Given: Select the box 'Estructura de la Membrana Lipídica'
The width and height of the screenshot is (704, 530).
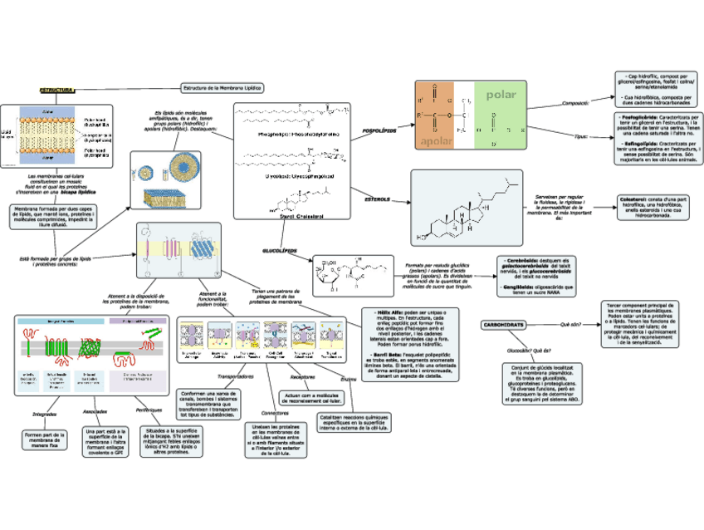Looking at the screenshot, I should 222,86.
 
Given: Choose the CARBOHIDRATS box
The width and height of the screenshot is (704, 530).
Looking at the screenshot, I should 503,325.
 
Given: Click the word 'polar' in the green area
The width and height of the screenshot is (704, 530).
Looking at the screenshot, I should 501,95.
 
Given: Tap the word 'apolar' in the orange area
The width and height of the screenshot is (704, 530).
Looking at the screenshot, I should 433,141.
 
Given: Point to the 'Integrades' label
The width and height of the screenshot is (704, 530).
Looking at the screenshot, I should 43,413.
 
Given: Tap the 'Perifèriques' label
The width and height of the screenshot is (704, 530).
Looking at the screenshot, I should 148,410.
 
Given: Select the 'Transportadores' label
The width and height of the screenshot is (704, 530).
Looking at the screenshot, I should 236,376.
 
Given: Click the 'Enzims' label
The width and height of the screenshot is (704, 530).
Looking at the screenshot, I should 348,380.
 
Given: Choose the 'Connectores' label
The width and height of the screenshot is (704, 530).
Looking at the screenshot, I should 274,413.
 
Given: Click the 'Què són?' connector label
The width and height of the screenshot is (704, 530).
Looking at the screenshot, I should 571,325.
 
